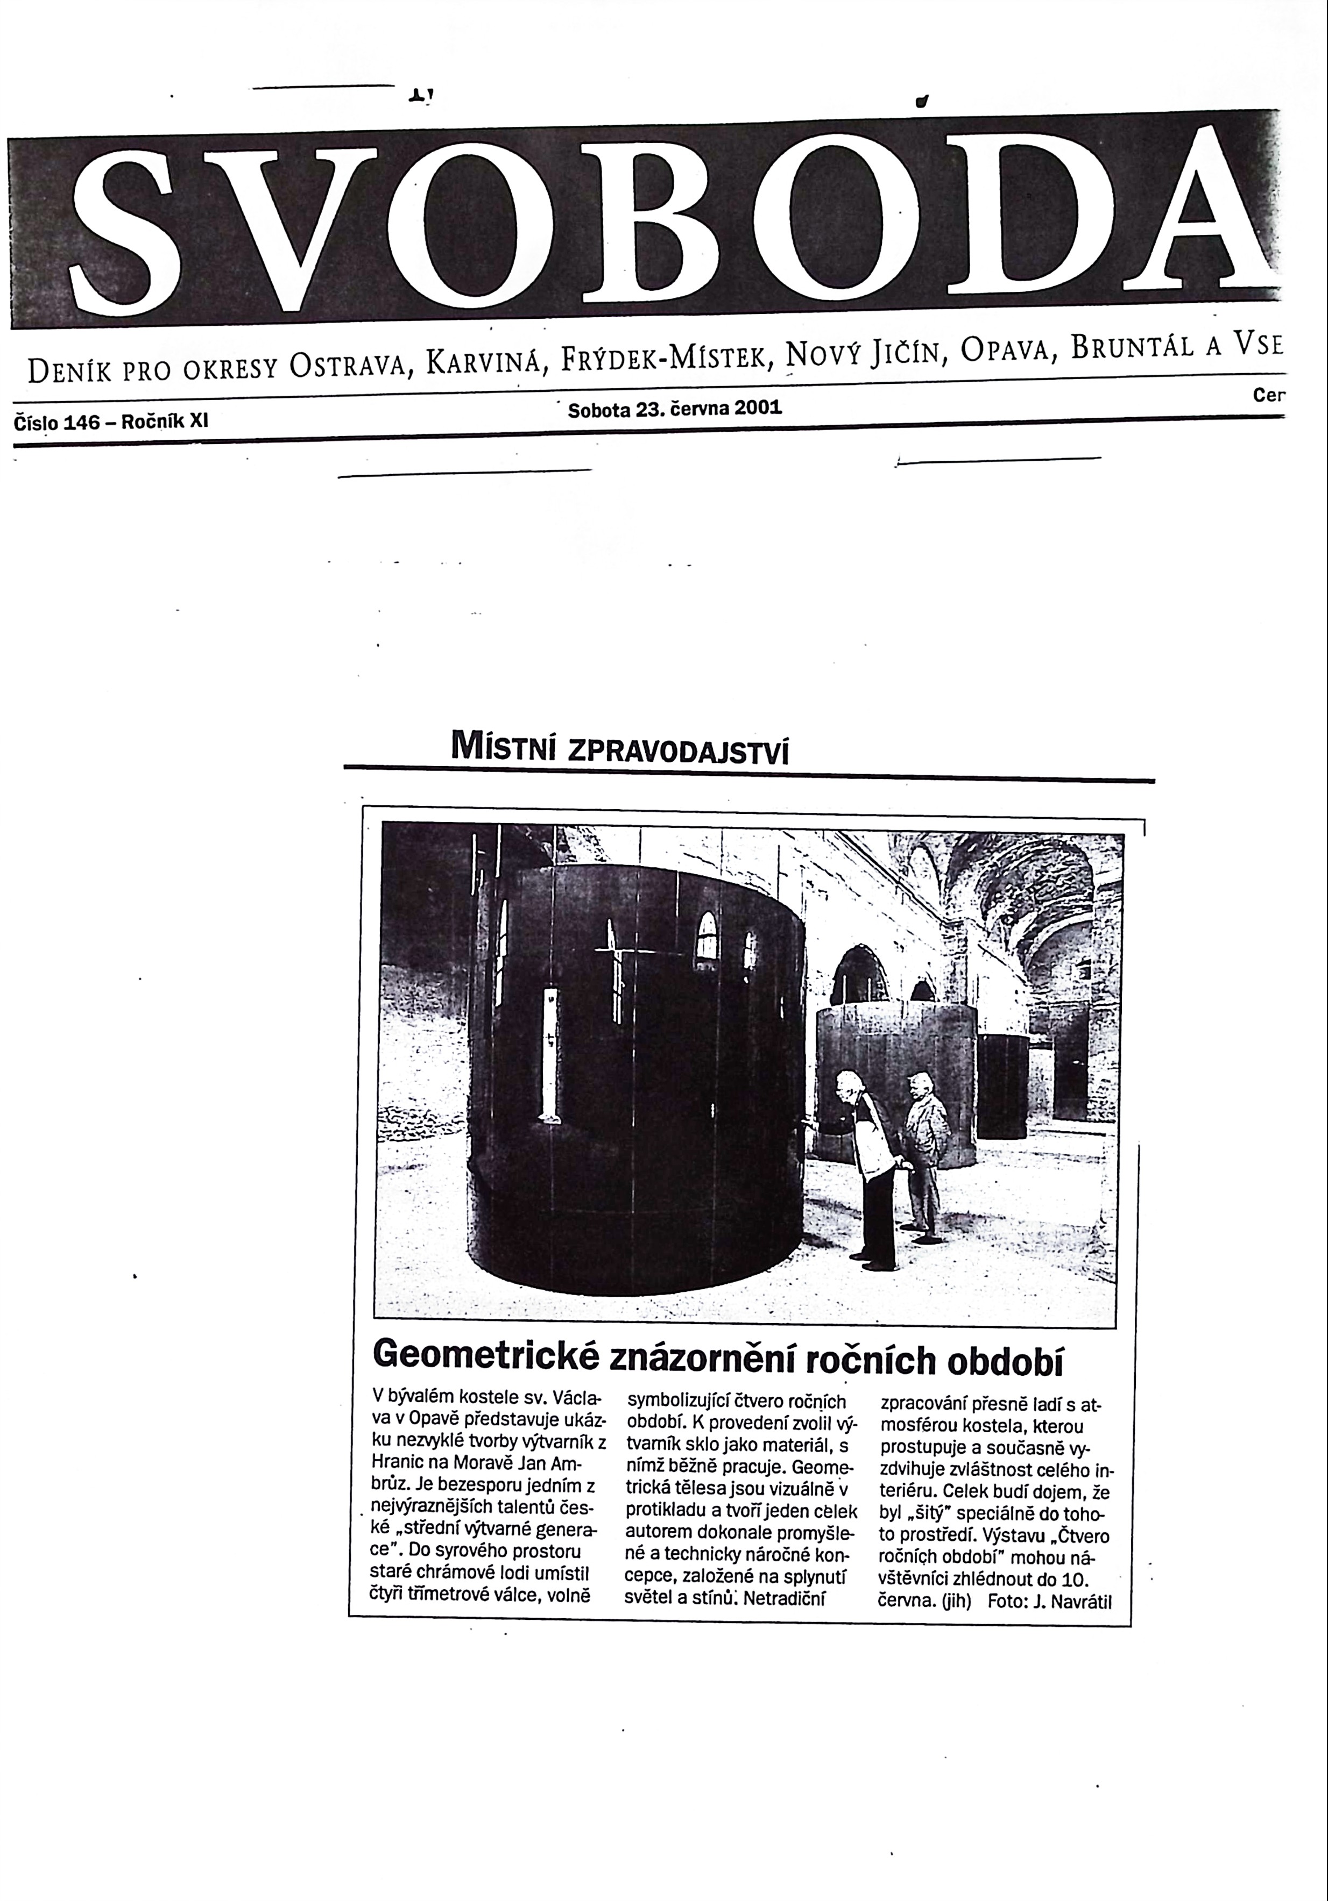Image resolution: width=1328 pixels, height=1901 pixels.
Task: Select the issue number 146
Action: tap(81, 422)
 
